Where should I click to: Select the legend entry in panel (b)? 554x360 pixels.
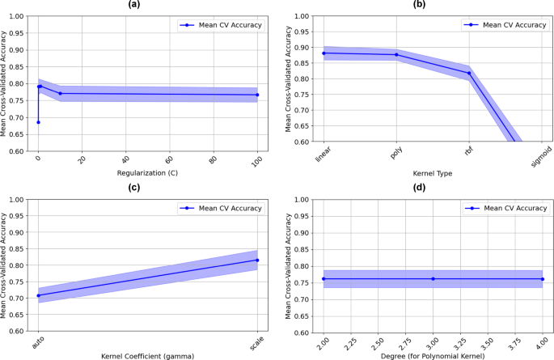pos(499,25)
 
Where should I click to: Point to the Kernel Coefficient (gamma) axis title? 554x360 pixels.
pos(147,356)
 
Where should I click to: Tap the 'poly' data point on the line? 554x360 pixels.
pos(396,55)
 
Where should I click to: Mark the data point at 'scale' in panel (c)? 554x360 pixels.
pos(258,260)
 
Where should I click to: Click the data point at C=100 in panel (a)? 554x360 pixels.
pos(258,95)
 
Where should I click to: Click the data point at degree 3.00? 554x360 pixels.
pos(432,279)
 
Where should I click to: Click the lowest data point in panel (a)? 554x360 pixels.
pos(38,122)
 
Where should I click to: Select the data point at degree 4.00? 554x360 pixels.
pos(542,279)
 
